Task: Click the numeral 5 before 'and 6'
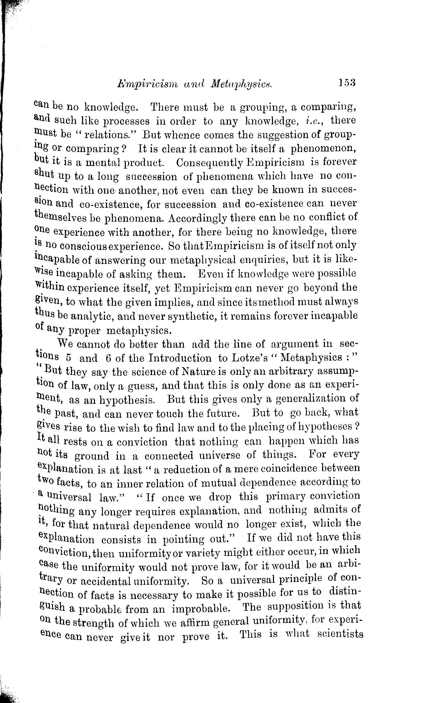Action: click(x=69, y=358)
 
